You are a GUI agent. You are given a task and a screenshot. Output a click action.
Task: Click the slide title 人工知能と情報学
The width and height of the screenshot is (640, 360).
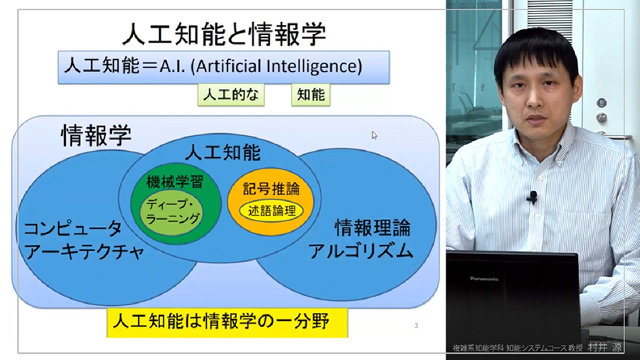pyautogui.click(x=224, y=33)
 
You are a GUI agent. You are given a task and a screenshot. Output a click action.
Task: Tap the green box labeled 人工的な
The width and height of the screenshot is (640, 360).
pyautogui.click(x=231, y=95)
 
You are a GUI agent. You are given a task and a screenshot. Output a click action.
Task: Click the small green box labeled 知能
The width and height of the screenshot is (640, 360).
pyautogui.click(x=311, y=95)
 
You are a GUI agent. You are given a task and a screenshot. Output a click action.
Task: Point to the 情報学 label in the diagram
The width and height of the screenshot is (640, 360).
pyautogui.click(x=96, y=135)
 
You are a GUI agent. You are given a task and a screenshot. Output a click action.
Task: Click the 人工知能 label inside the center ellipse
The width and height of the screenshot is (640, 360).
pyautogui.click(x=223, y=153)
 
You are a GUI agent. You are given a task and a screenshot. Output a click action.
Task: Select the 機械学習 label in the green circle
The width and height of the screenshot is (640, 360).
pyautogui.click(x=175, y=181)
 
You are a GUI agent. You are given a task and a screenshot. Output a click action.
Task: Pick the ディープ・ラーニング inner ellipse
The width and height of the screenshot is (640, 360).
pyautogui.click(x=171, y=211)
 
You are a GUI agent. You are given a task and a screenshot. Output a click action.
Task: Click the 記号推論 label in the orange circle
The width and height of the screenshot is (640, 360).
pyautogui.click(x=271, y=188)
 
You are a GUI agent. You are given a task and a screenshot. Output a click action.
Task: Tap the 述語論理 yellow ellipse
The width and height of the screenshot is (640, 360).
pyautogui.click(x=272, y=211)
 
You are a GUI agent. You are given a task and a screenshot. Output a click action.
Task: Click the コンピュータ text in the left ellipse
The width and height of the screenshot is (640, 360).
pyautogui.click(x=73, y=228)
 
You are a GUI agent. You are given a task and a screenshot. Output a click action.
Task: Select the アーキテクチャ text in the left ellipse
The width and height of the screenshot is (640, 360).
pyautogui.click(x=84, y=251)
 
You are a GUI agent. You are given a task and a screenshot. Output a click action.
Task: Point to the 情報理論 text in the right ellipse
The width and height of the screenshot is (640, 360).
pyautogui.click(x=373, y=228)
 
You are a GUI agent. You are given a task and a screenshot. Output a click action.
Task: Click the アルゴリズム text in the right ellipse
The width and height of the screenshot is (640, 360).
pyautogui.click(x=361, y=250)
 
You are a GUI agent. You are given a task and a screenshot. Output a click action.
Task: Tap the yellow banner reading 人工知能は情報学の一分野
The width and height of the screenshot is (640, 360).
pyautogui.click(x=227, y=322)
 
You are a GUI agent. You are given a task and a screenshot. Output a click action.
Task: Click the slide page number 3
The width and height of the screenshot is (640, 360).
pyautogui.click(x=416, y=326)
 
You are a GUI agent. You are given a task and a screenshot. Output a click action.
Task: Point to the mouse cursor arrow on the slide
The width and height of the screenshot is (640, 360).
pyautogui.click(x=374, y=135)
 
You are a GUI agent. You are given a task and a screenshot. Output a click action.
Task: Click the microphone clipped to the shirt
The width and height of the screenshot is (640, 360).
pyautogui.click(x=532, y=197)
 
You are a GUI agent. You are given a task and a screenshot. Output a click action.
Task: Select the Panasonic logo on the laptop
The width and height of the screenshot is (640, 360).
pyautogui.click(x=484, y=279)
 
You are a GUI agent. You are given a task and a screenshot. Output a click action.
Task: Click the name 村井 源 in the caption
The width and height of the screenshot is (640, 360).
pyautogui.click(x=604, y=348)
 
